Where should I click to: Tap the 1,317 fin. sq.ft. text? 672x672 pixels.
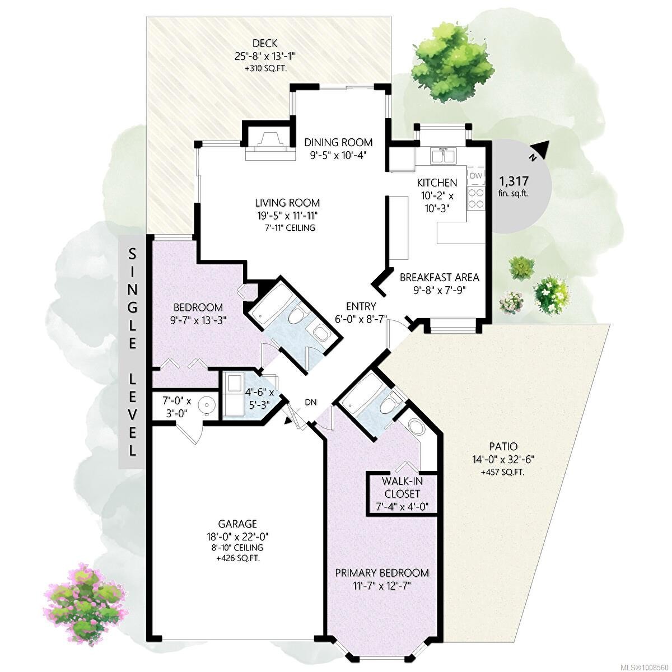(x=514, y=186)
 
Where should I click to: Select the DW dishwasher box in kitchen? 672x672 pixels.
(x=476, y=176)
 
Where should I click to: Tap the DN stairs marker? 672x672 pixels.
(x=311, y=402)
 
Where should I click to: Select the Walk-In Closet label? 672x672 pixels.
(x=401, y=487)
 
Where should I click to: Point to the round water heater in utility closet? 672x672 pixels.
(x=208, y=406)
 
